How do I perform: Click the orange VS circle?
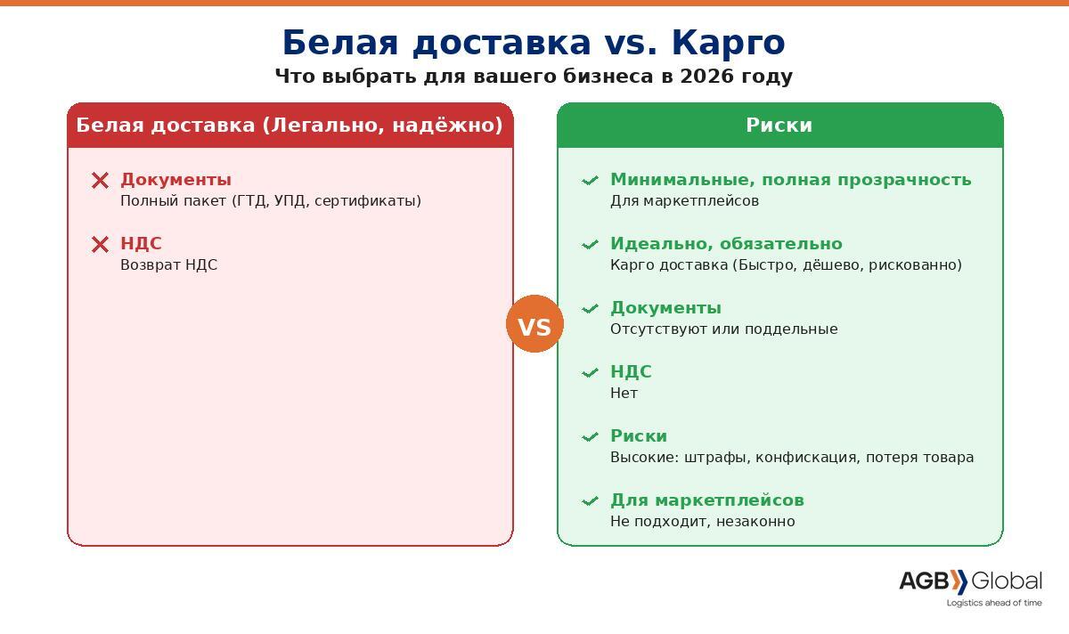[534, 323]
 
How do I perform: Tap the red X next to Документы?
[100, 181]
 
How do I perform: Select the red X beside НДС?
[100, 244]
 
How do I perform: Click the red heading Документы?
[175, 179]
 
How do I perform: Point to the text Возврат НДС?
[168, 264]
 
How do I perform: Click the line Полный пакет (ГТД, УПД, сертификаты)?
[271, 200]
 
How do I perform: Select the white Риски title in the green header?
[779, 125]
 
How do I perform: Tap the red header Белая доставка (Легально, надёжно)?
[290, 125]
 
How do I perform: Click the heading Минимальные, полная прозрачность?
[791, 179]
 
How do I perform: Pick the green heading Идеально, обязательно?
[726, 243]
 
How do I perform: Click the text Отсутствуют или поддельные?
[724, 329]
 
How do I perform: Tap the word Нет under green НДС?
[624, 393]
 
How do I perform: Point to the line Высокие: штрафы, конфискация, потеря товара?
[792, 457]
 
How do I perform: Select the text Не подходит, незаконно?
[703, 521]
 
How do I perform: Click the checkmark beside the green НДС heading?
[590, 372]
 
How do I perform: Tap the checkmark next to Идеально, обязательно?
[590, 245]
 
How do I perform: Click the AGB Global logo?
[970, 581]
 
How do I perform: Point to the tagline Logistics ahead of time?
[994, 603]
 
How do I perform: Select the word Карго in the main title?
[729, 44]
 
